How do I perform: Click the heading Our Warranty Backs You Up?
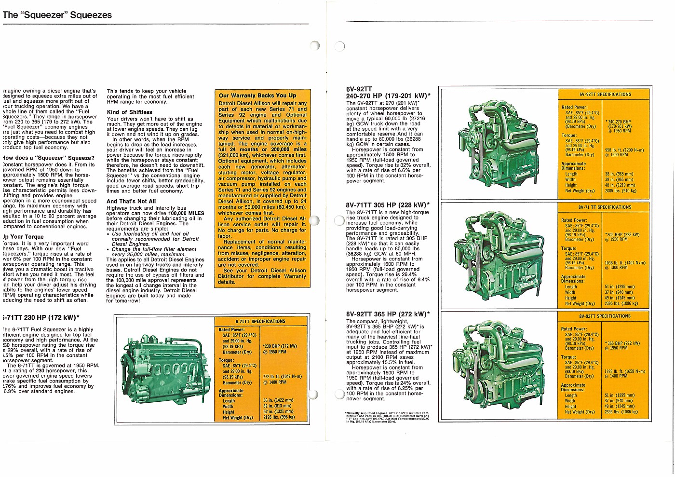[x=257, y=95]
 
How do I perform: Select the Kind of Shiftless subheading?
[x=129, y=112]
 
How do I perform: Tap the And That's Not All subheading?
[x=131, y=202]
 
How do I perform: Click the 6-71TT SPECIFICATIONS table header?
[x=260, y=321]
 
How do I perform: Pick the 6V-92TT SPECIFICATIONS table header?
[x=605, y=95]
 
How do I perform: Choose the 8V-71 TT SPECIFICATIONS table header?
[x=605, y=207]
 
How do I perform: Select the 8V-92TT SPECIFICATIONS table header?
[x=605, y=316]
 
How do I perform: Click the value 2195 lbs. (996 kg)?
[x=279, y=418]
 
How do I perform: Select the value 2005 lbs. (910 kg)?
[x=621, y=191]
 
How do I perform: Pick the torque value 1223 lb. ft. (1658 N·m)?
[x=624, y=372]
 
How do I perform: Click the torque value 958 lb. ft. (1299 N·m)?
[x=624, y=150]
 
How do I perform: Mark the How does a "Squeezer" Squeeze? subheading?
[x=49, y=158]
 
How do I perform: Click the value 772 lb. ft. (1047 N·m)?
[x=283, y=377]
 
